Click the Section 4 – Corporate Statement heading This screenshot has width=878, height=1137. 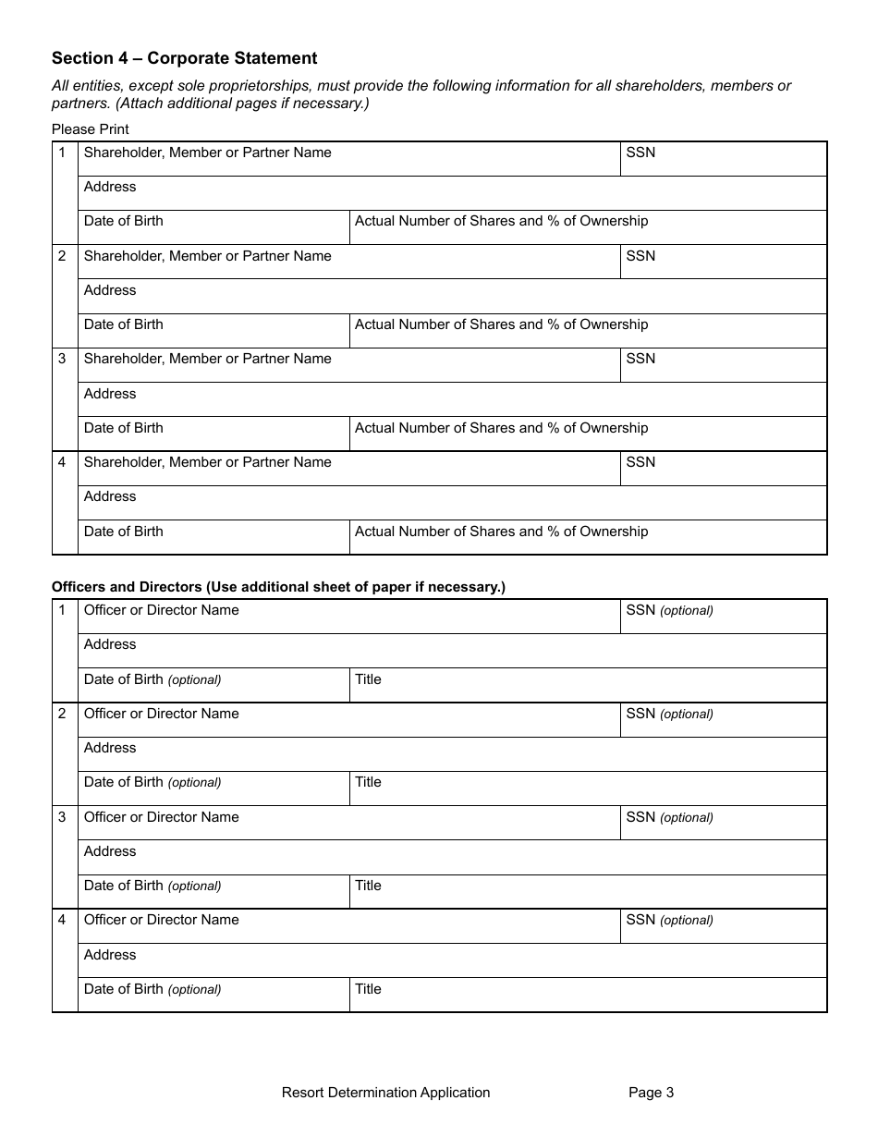coord(184,58)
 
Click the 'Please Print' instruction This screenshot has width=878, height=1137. coord(91,129)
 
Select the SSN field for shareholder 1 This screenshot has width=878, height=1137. coord(723,159)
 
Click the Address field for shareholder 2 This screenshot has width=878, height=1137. coord(452,297)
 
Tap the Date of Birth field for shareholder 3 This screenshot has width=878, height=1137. coord(213,434)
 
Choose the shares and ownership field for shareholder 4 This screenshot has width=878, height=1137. coord(588,538)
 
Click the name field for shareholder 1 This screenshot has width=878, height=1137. coord(348,159)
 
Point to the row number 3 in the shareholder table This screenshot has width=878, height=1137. coord(63,359)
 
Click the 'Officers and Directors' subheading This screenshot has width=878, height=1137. coord(278,587)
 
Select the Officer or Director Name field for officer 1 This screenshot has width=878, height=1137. coord(348,617)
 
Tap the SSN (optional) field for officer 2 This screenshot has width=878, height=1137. coord(723,720)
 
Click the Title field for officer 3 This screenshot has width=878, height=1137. coord(588,892)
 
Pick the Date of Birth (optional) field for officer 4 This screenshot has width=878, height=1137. coord(213,996)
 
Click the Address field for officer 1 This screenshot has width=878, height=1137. coord(452,651)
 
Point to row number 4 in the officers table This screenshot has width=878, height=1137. coord(63,920)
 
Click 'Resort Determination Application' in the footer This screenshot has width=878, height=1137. coord(385,1093)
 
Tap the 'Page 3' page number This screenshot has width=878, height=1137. coord(651,1093)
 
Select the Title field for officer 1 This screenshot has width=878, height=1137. coord(588,686)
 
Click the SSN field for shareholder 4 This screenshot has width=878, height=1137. coord(723,469)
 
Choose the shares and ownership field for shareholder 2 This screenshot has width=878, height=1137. coord(588,331)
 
